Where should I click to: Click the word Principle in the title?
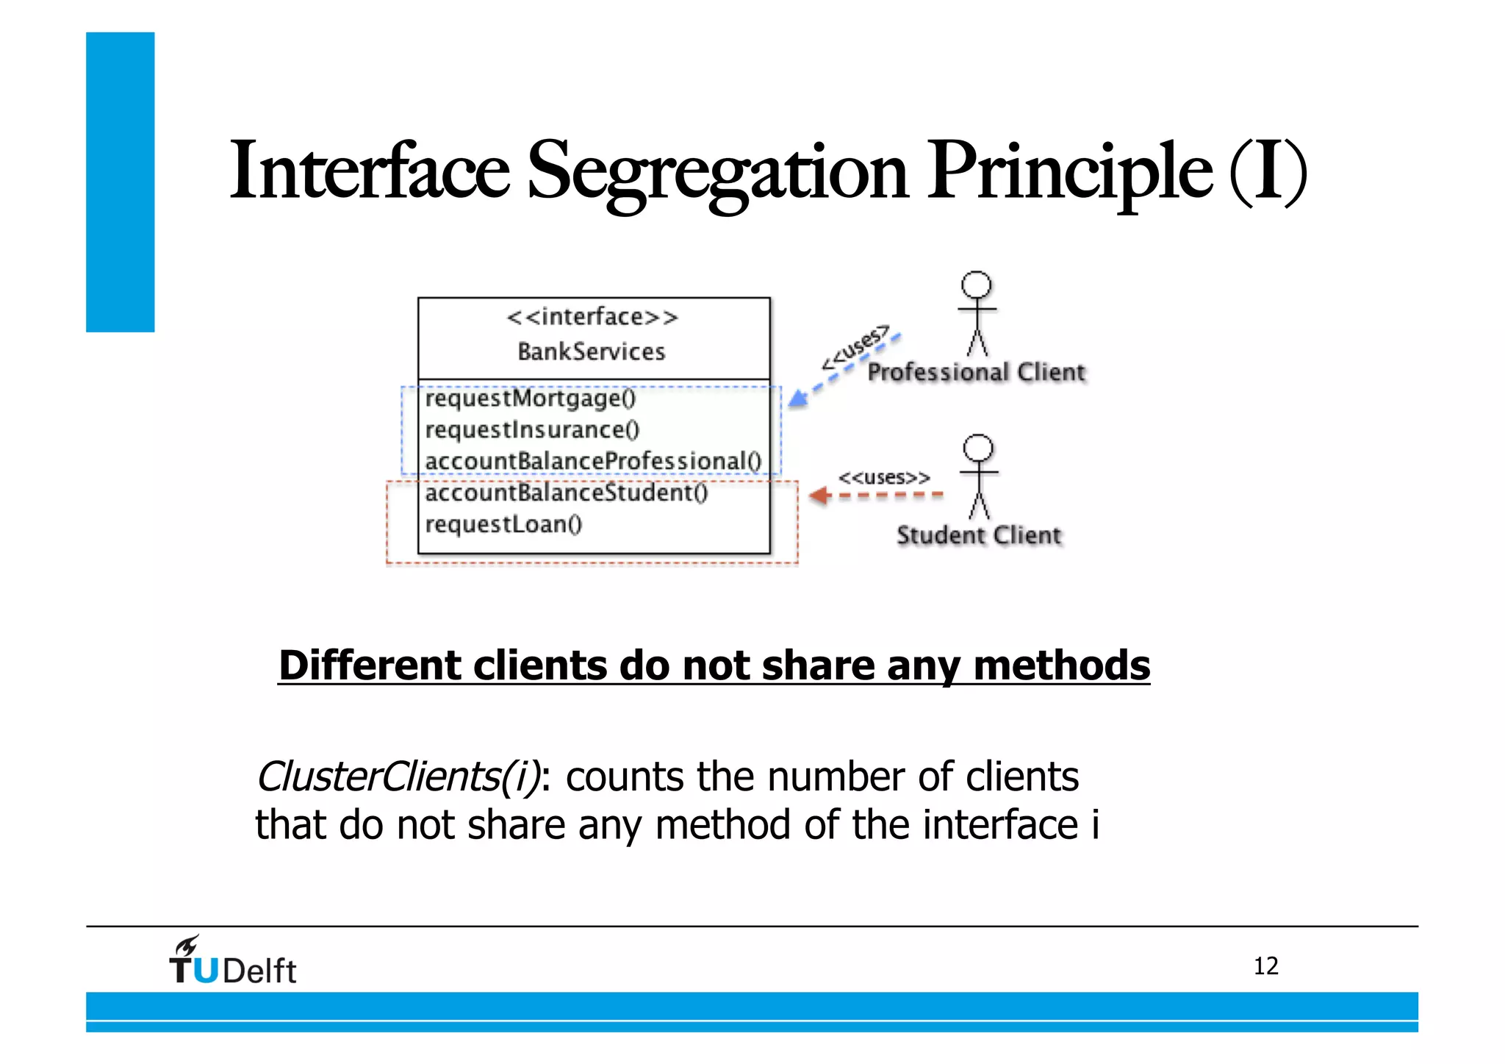pyautogui.click(x=1068, y=173)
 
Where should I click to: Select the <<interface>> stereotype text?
pyautogui.click(x=592, y=317)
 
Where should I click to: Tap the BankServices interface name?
pyautogui.click(x=592, y=351)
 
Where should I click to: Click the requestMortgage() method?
pyautogui.click(x=531, y=399)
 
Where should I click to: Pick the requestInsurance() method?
pyautogui.click(x=533, y=429)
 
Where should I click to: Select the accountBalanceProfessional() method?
pyautogui.click(x=593, y=461)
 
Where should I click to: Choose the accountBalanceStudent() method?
pyautogui.click(x=567, y=492)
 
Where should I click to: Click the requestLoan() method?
pyautogui.click(x=503, y=524)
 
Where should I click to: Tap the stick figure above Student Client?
pyautogui.click(x=978, y=476)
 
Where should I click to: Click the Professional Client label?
pyautogui.click(x=976, y=372)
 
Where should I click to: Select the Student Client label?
pyautogui.click(x=979, y=535)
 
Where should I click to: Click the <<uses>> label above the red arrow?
pyautogui.click(x=884, y=477)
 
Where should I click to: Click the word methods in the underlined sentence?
pyautogui.click(x=1061, y=665)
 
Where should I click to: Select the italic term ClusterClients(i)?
pyautogui.click(x=398, y=777)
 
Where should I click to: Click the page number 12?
pyautogui.click(x=1265, y=966)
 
